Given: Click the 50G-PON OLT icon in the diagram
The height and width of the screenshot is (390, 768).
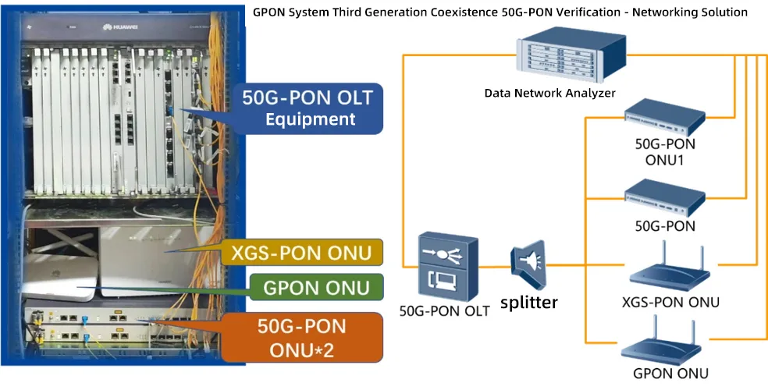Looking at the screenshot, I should [443, 265].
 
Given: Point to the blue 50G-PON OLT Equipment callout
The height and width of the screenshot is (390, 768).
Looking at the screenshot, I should [308, 108].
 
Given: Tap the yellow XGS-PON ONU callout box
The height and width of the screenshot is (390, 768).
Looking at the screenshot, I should [306, 253].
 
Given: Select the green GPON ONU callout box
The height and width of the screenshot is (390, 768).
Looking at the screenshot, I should [316, 288].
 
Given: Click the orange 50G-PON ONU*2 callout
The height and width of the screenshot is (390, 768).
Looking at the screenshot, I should [300, 338].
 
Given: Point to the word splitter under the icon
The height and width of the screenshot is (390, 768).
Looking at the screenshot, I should [529, 302].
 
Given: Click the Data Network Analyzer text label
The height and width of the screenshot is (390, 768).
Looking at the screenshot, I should [549, 93].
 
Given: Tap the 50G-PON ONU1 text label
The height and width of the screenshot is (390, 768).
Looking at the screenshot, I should [665, 152].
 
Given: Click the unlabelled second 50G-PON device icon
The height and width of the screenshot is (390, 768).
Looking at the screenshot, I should [665, 196].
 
